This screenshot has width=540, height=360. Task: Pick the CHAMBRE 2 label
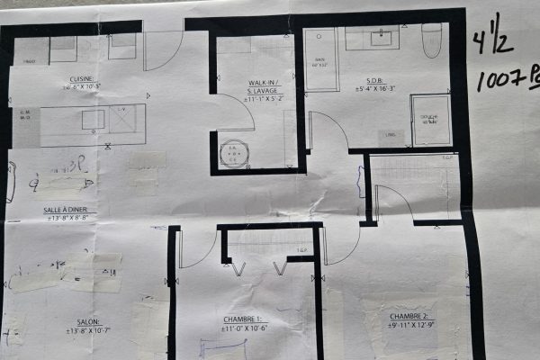(411, 317)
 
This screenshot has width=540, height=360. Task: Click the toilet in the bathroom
(432, 39)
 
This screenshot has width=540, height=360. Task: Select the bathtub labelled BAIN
(320, 59)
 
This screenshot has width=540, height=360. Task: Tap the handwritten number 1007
(497, 80)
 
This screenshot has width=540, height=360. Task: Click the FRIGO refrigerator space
(31, 51)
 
